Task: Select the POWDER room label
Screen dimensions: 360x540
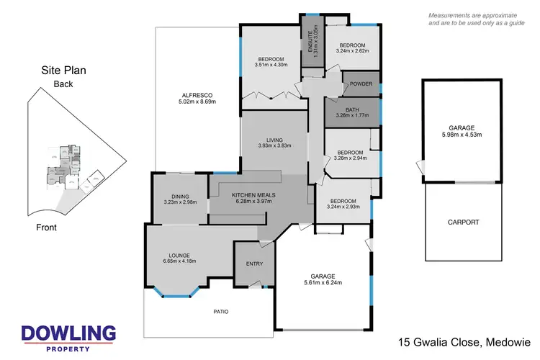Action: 361,84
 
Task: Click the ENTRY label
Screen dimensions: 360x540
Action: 254,264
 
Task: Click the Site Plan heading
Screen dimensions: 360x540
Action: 64,71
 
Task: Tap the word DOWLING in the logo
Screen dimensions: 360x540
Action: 68,333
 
